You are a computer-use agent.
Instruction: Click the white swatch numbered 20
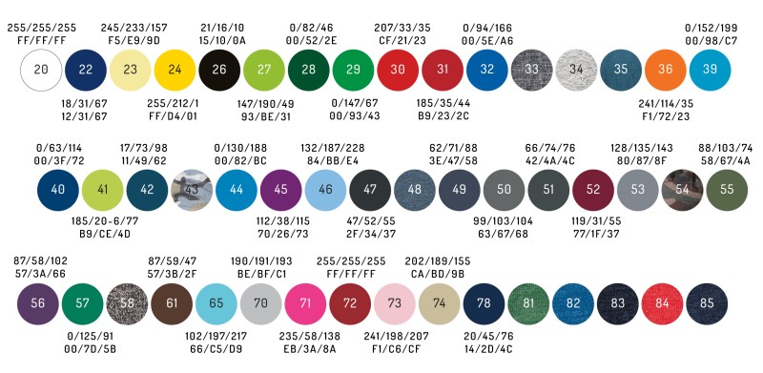click(41, 70)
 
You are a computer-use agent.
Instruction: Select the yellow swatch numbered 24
click(175, 70)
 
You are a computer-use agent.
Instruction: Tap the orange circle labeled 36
click(665, 70)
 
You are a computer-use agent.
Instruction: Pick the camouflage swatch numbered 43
click(192, 190)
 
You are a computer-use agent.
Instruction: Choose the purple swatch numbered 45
click(280, 190)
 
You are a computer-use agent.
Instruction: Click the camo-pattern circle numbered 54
click(682, 190)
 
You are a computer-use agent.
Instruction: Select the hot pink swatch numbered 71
click(305, 304)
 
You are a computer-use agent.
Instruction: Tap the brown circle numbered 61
click(172, 304)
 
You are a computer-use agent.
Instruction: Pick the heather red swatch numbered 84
click(662, 304)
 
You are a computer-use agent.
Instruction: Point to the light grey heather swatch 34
click(576, 70)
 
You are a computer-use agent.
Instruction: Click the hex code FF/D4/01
click(173, 117)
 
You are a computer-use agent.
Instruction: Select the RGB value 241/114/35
click(666, 104)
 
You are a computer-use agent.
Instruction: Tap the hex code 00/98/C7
click(711, 41)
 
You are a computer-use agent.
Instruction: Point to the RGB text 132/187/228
click(332, 148)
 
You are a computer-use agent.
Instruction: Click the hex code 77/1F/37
click(596, 235)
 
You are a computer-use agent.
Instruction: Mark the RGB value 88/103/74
click(726, 148)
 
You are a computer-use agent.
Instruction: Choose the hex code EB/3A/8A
click(309, 349)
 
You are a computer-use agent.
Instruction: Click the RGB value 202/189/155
click(438, 261)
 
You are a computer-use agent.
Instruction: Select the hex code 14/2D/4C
click(488, 349)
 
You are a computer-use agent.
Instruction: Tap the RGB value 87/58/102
click(40, 261)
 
